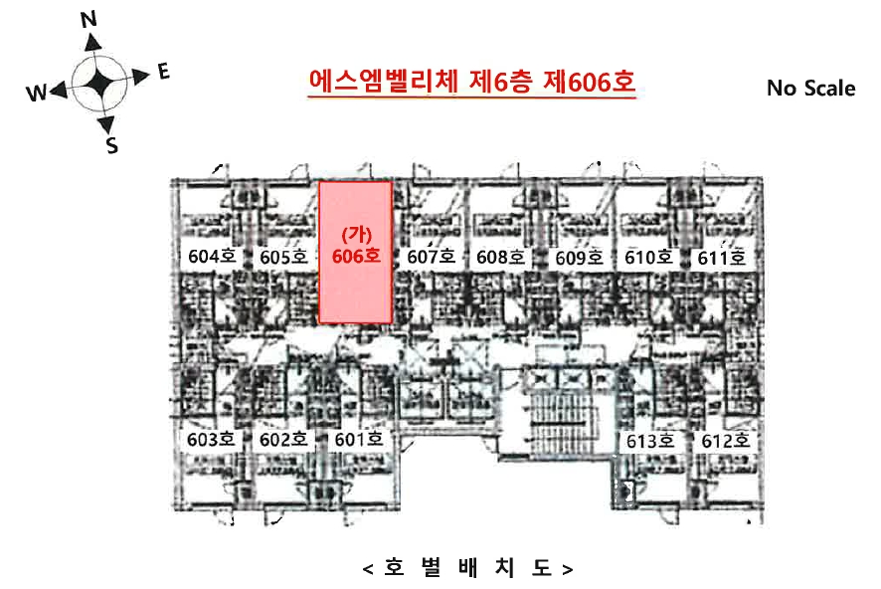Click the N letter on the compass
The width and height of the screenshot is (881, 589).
(88, 19)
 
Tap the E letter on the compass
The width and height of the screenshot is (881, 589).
(163, 72)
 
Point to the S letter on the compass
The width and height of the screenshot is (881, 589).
(112, 145)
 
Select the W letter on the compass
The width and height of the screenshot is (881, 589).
(37, 93)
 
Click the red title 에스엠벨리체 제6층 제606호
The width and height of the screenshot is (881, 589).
(471, 82)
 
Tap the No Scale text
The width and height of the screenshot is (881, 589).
(810, 89)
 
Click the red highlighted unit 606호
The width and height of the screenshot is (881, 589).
(356, 253)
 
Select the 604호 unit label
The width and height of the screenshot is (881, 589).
(212, 257)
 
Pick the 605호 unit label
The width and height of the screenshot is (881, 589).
(283, 258)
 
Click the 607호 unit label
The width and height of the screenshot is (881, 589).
(431, 257)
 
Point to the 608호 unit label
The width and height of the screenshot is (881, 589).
(500, 258)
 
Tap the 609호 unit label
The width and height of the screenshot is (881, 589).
(580, 258)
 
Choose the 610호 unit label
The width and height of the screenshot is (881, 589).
(649, 258)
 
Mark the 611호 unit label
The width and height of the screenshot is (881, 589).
(722, 258)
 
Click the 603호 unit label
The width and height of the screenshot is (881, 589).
(211, 439)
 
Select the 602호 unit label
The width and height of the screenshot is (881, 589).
(283, 440)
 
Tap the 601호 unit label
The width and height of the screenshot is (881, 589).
(359, 439)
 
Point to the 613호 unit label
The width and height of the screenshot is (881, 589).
(650, 441)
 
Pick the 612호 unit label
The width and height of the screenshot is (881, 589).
(725, 441)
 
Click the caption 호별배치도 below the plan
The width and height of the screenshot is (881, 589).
(468, 568)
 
